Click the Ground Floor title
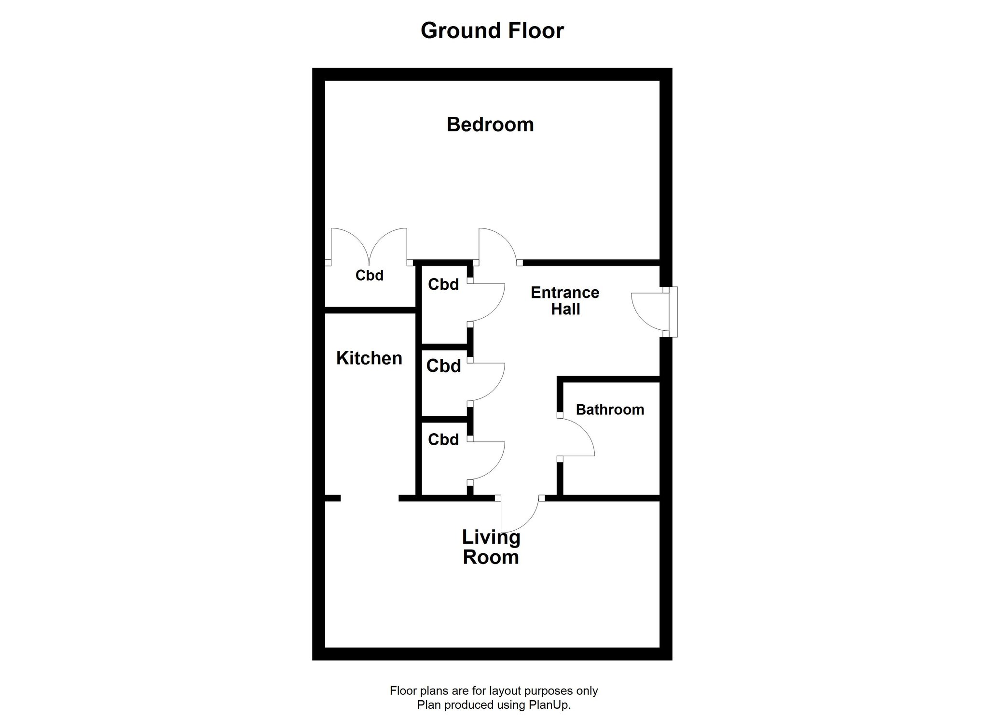pos(492,30)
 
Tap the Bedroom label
pos(490,125)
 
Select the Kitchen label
pos(369,358)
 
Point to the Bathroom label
pos(610,409)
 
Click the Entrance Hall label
pos(565,300)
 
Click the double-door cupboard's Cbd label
pos(370,275)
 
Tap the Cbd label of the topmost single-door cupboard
pos(443,284)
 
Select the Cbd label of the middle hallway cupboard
pos(443,366)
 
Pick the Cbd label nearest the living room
pos(443,439)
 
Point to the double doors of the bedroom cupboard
pos(369,246)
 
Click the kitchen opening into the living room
pos(370,498)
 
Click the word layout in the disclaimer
pos(505,691)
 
